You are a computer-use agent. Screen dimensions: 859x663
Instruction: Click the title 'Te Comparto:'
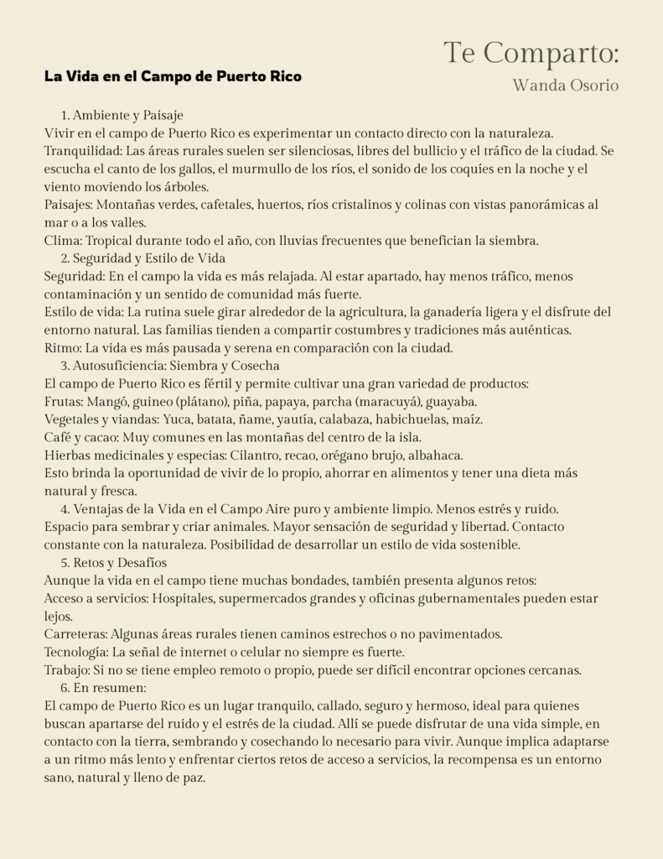pyautogui.click(x=531, y=53)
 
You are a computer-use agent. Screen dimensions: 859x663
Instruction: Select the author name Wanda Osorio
pyautogui.click(x=566, y=85)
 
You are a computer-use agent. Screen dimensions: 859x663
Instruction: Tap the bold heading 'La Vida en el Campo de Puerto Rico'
pyautogui.click(x=173, y=76)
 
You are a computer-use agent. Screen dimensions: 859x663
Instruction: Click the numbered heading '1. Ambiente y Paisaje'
pyautogui.click(x=122, y=115)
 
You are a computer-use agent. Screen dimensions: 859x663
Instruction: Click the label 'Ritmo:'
pyautogui.click(x=64, y=348)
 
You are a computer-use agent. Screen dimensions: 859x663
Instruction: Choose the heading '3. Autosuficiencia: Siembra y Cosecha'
pyautogui.click(x=169, y=366)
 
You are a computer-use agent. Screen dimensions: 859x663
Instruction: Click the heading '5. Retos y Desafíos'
pyautogui.click(x=113, y=563)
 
